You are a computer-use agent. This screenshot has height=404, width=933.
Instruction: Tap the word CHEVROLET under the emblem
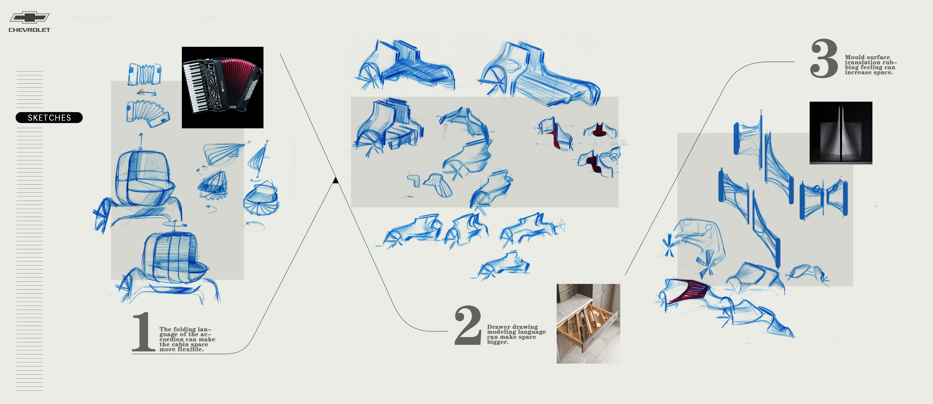pos(29,30)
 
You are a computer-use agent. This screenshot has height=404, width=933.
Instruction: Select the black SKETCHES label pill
pos(49,118)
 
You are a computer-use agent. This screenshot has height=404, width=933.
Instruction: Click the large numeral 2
pos(468,325)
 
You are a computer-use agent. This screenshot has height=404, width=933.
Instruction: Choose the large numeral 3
pos(824,59)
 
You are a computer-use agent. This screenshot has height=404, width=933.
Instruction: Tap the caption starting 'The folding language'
pos(187,339)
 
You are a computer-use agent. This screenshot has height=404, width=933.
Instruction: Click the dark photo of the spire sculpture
pos(841,133)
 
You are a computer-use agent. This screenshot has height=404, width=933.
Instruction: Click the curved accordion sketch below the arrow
pos(148,112)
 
